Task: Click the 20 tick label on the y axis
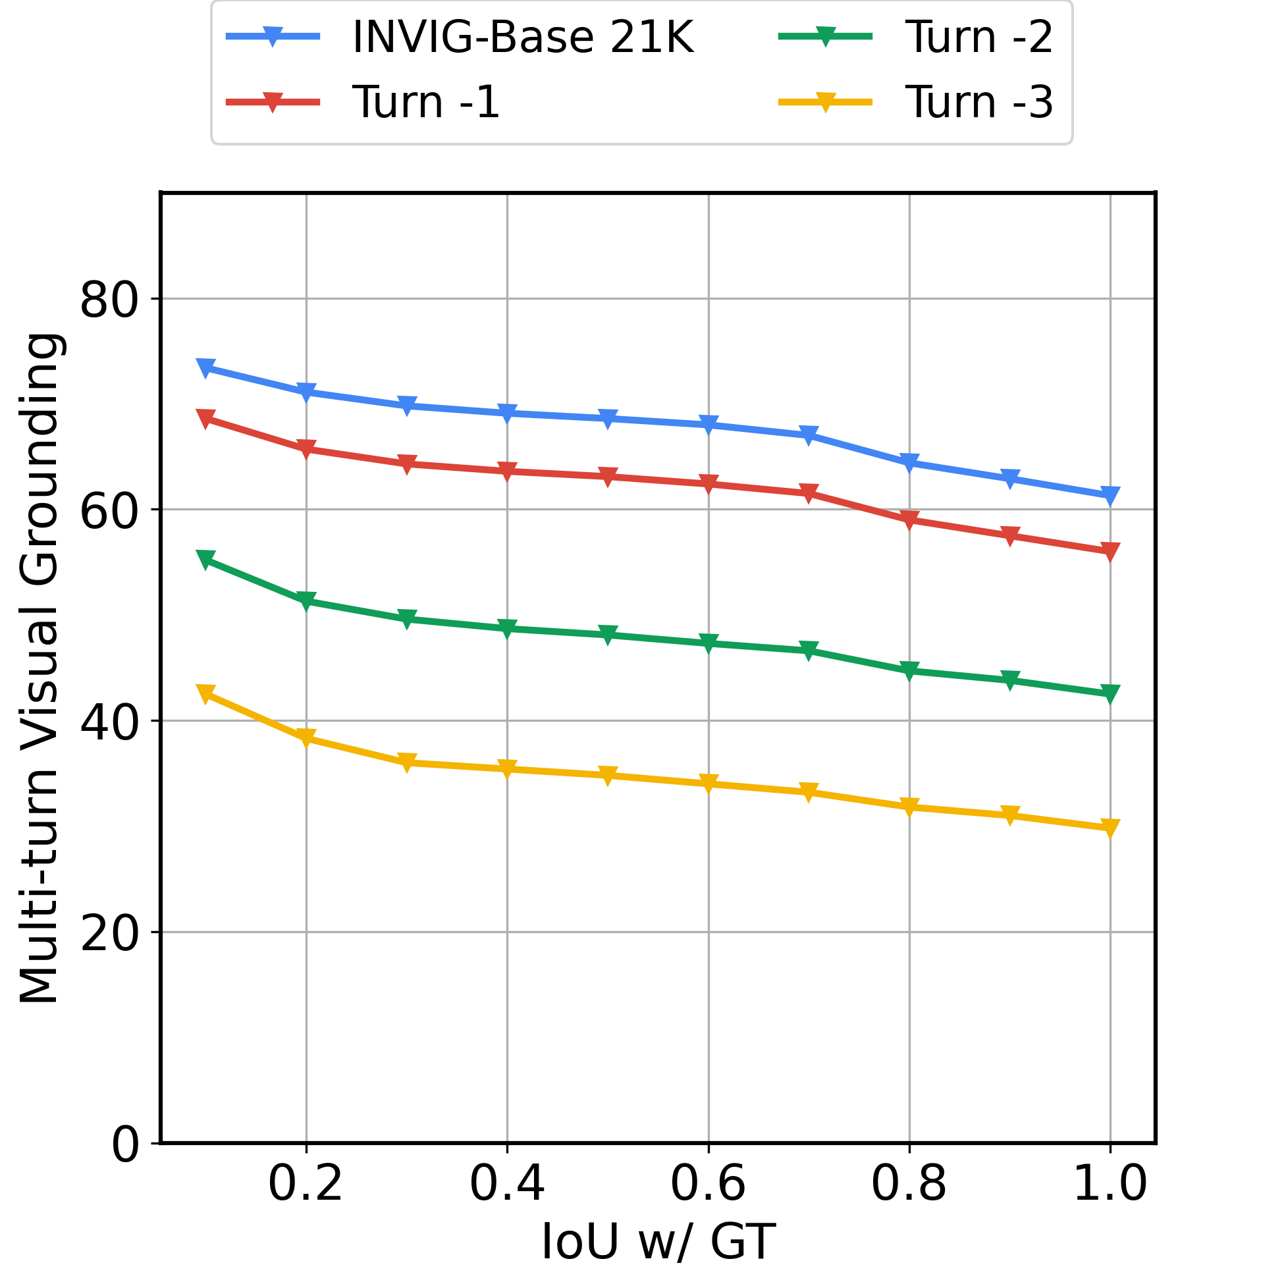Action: click(x=109, y=933)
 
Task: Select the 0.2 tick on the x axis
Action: click(x=306, y=1185)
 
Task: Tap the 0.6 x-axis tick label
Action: click(x=709, y=1185)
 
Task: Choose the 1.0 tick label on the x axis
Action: click(x=1111, y=1185)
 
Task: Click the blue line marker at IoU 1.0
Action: click(x=1111, y=495)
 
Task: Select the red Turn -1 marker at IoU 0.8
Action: click(x=909, y=520)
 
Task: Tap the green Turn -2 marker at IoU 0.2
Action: click(x=306, y=601)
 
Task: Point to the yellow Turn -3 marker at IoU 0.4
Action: click(x=507, y=769)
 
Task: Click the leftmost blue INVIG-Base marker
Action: click(x=205, y=367)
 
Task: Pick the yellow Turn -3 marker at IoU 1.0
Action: click(x=1111, y=828)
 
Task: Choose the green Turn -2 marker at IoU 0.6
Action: click(x=709, y=643)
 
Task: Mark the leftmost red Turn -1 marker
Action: click(x=205, y=418)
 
